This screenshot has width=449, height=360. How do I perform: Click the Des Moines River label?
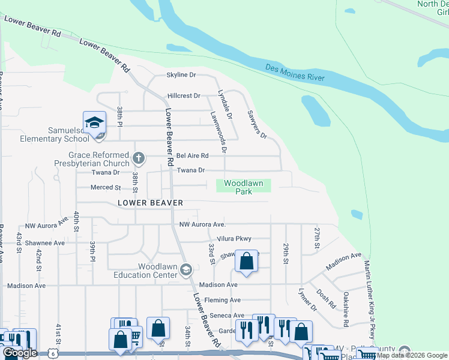pyautogui.click(x=295, y=73)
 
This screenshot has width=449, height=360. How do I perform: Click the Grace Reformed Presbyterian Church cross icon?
pyautogui.click(x=139, y=159)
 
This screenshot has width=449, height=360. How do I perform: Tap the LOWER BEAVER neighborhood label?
pyautogui.click(x=151, y=203)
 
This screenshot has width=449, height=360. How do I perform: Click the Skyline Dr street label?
pyautogui.click(x=181, y=75)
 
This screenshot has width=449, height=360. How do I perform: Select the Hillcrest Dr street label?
pyautogui.click(x=183, y=95)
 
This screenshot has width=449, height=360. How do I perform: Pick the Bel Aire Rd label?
pyautogui.click(x=192, y=155)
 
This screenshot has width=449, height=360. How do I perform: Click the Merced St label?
pyautogui.click(x=106, y=188)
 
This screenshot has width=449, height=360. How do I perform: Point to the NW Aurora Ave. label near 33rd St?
pyautogui.click(x=202, y=224)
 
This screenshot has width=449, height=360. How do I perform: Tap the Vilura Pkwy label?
pyautogui.click(x=235, y=239)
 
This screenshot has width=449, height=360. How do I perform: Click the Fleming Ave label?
pyautogui.click(x=222, y=300)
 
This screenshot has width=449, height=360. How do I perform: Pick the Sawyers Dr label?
pyautogui.click(x=256, y=125)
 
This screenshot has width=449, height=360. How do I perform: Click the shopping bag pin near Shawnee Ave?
pyautogui.click(x=246, y=262)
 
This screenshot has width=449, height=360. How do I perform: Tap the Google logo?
pyautogui.click(x=20, y=353)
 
